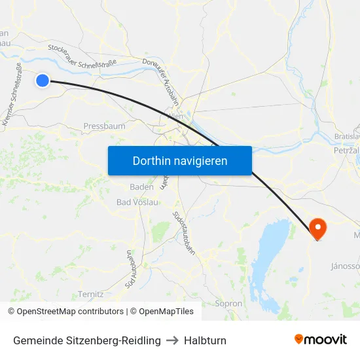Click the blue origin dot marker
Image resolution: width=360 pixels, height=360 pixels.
point(43,81)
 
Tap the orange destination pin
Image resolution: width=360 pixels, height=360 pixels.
point(317,228)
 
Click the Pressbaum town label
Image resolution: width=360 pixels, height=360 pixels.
point(104,126)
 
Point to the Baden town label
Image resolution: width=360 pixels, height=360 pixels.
point(141,187)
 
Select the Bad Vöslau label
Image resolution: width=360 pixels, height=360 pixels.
point(137,202)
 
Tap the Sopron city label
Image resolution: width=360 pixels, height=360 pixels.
point(228,304)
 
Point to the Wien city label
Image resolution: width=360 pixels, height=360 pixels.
point(175,116)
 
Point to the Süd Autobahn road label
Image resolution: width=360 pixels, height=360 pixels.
point(130,269)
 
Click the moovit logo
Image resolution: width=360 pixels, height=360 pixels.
point(321,339)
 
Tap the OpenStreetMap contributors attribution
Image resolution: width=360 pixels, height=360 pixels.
point(66,312)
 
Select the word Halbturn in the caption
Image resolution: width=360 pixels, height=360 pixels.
point(205,340)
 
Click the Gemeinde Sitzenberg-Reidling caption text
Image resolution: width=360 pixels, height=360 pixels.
point(86,340)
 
